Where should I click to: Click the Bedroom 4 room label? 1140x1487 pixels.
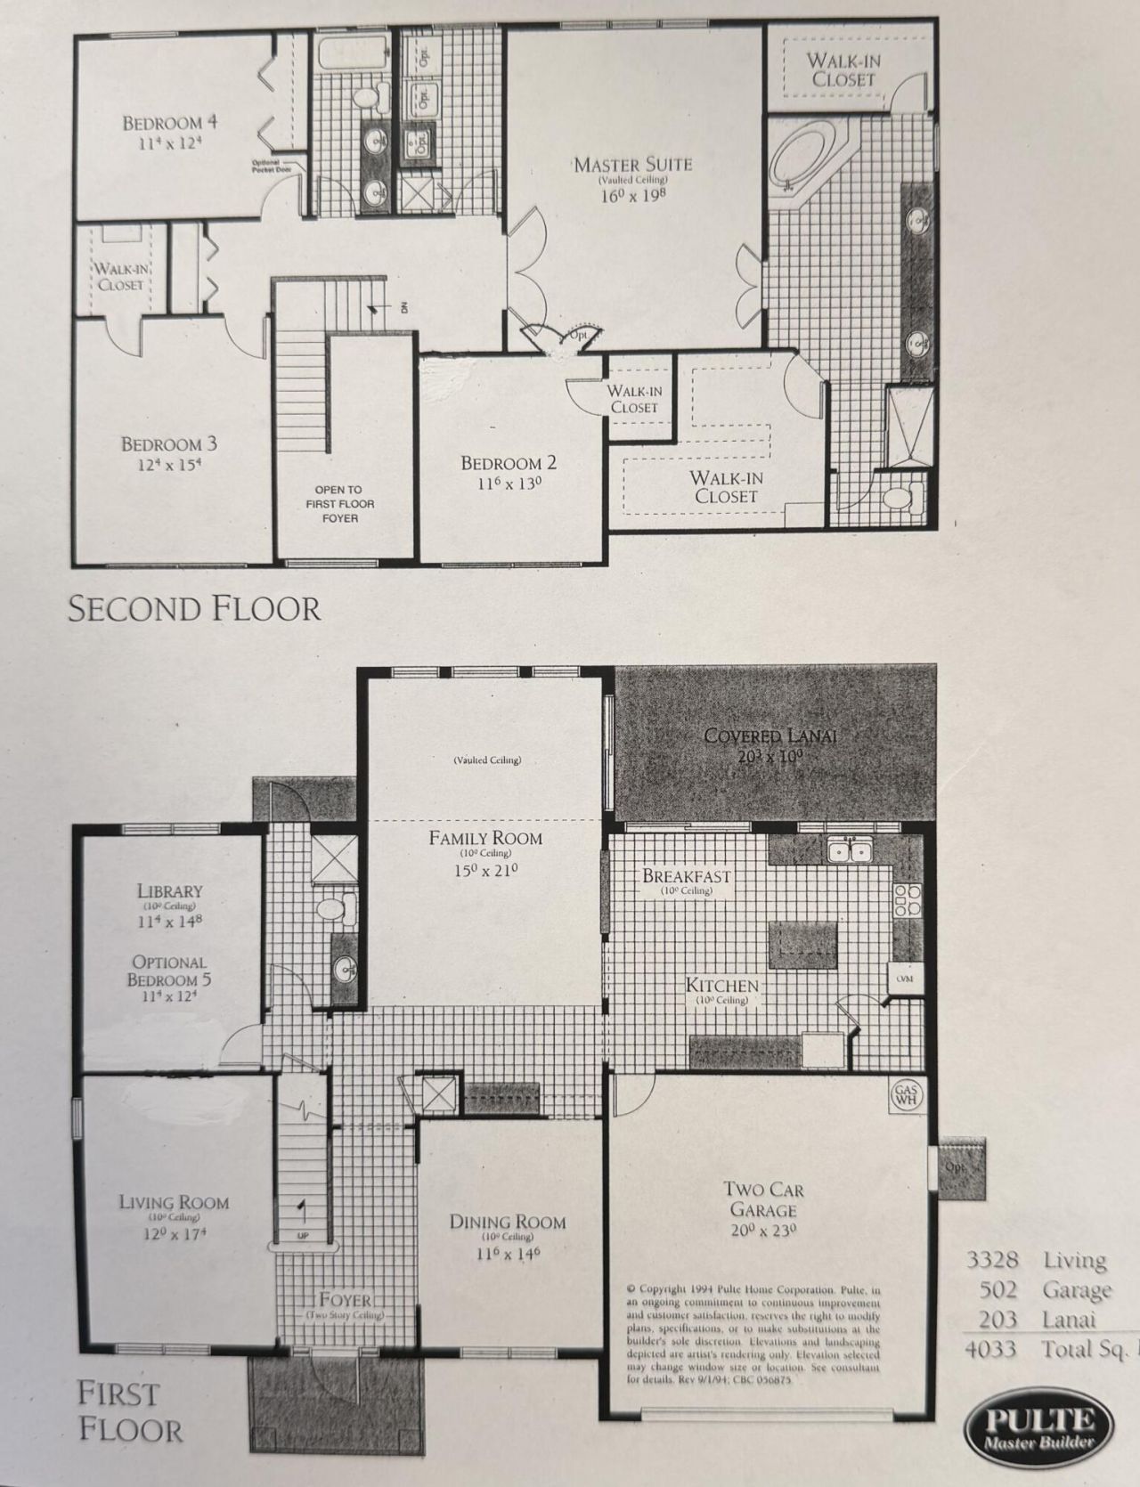(x=169, y=123)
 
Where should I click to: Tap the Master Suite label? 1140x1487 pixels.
(x=632, y=165)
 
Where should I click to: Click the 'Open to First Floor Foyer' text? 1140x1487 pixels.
(x=338, y=504)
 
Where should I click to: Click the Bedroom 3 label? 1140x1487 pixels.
(x=169, y=443)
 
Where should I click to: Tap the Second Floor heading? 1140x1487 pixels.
(x=194, y=609)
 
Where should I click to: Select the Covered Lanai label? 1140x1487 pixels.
(x=769, y=735)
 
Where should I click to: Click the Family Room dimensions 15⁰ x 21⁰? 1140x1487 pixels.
(x=485, y=870)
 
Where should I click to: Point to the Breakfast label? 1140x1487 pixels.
(x=686, y=876)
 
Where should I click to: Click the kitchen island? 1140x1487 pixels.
(x=803, y=947)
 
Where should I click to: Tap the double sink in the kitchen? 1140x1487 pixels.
(x=849, y=851)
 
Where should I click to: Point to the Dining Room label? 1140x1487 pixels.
(x=508, y=1222)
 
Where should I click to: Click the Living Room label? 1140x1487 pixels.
(x=174, y=1203)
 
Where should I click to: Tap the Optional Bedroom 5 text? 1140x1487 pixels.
(x=169, y=971)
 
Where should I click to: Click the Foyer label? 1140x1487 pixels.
(x=345, y=1300)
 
